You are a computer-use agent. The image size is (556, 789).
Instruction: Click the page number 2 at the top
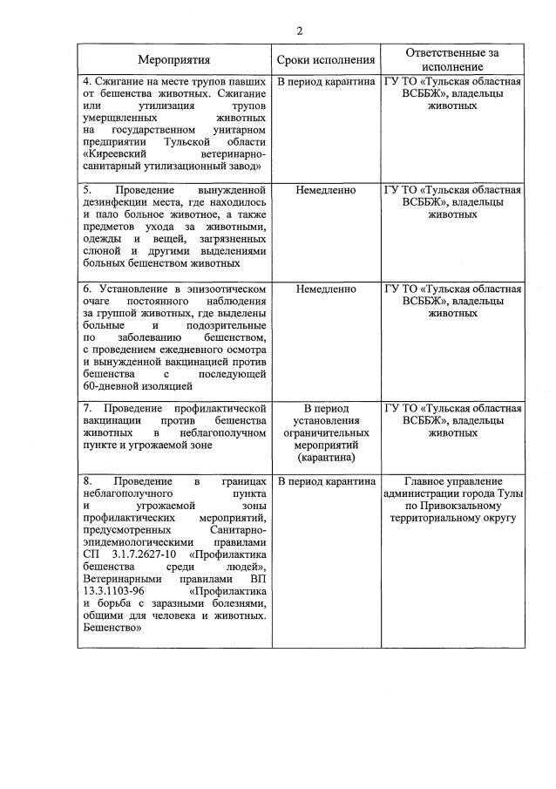299,31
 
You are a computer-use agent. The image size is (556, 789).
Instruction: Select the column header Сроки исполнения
326,60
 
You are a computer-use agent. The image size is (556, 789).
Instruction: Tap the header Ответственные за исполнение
452,59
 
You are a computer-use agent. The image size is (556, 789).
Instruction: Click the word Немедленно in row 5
326,189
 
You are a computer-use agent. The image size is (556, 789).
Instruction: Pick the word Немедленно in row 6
326,289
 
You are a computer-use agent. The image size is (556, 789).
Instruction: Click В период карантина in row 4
326,81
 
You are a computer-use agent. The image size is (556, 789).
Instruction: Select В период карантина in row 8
326,480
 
